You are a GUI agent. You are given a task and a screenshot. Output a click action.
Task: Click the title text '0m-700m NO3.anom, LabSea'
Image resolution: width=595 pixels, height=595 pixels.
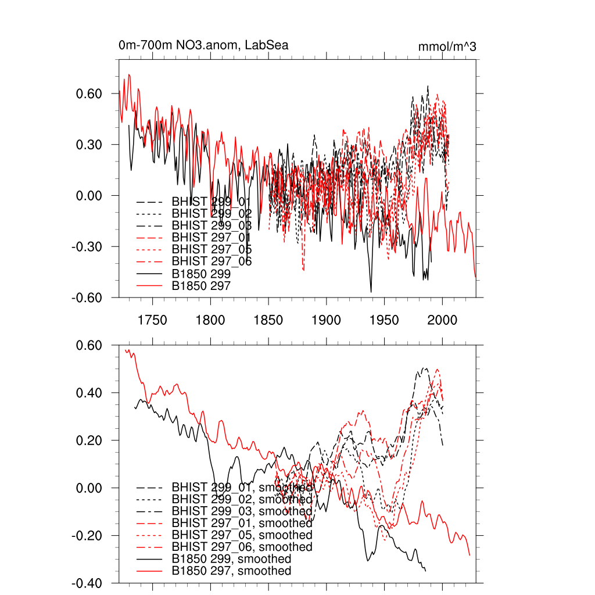(x=203, y=45)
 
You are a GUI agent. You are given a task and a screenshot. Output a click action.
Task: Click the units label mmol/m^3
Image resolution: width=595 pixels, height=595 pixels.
(x=447, y=46)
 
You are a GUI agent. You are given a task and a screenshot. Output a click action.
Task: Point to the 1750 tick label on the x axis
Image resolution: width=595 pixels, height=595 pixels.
(x=152, y=321)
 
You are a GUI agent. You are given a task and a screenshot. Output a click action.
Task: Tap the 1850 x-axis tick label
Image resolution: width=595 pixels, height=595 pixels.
(x=268, y=321)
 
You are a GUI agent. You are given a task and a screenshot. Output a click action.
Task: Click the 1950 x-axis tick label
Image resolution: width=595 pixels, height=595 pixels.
(x=385, y=321)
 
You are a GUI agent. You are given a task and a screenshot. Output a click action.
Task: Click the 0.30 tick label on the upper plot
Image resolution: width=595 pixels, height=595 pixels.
(x=89, y=145)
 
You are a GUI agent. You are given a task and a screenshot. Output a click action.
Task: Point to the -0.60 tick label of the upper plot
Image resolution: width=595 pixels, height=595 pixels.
(x=87, y=297)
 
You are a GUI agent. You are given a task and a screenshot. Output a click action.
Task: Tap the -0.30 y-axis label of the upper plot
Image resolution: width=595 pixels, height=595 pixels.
(x=87, y=246)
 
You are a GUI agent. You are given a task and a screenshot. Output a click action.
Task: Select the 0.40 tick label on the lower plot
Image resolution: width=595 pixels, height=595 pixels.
(x=89, y=393)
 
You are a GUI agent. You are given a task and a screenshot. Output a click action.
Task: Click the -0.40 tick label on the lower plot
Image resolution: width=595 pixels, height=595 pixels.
(x=87, y=583)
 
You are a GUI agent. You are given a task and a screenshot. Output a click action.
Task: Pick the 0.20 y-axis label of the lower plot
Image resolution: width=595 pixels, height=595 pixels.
(x=89, y=440)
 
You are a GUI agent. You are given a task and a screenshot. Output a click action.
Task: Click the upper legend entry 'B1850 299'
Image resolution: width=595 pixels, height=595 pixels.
(x=201, y=274)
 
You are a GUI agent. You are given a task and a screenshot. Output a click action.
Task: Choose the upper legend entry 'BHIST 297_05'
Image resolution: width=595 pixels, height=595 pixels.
(x=212, y=249)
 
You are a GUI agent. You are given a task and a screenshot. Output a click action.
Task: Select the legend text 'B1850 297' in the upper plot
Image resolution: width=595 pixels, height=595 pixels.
(x=201, y=286)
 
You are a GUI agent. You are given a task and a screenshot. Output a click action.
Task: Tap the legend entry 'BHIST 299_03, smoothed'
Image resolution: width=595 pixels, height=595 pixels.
(x=242, y=511)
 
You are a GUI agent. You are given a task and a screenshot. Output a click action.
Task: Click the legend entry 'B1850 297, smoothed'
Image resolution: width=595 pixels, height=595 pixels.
(x=231, y=571)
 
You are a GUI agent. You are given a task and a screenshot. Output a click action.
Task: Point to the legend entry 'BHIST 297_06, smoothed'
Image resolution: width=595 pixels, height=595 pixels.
(x=242, y=547)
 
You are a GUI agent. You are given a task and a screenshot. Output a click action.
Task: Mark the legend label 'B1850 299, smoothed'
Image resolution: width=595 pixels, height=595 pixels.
(x=231, y=559)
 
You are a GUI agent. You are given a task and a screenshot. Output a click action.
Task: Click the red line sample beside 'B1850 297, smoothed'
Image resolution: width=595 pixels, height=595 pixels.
(x=149, y=571)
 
